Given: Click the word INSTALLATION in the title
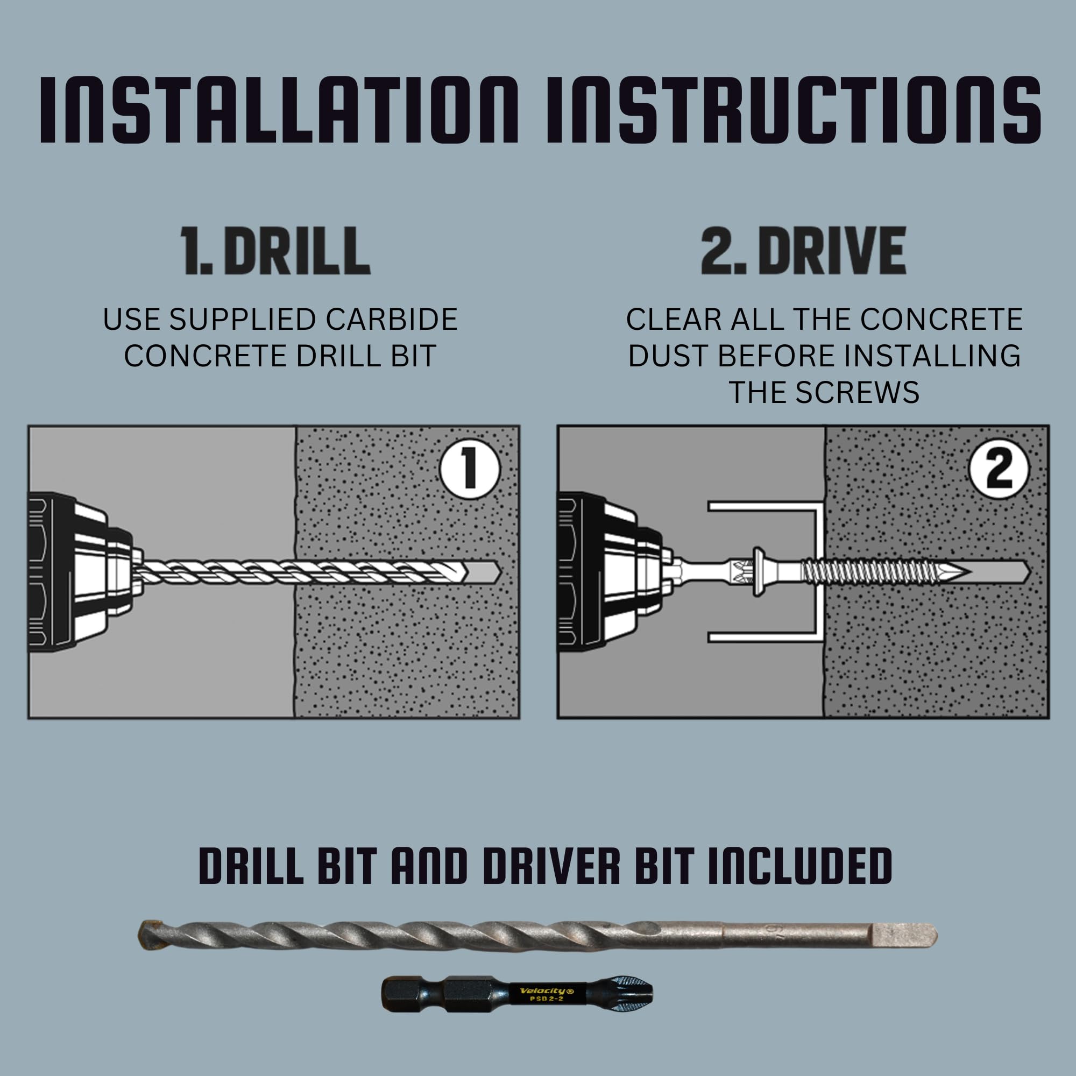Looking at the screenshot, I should pos(279,110).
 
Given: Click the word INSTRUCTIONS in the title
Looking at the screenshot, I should pos(793,110).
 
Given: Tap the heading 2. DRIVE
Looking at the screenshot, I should pos(803,252).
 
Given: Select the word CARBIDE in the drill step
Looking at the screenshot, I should pos(391,320).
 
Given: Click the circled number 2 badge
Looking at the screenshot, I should pos(998,470).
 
